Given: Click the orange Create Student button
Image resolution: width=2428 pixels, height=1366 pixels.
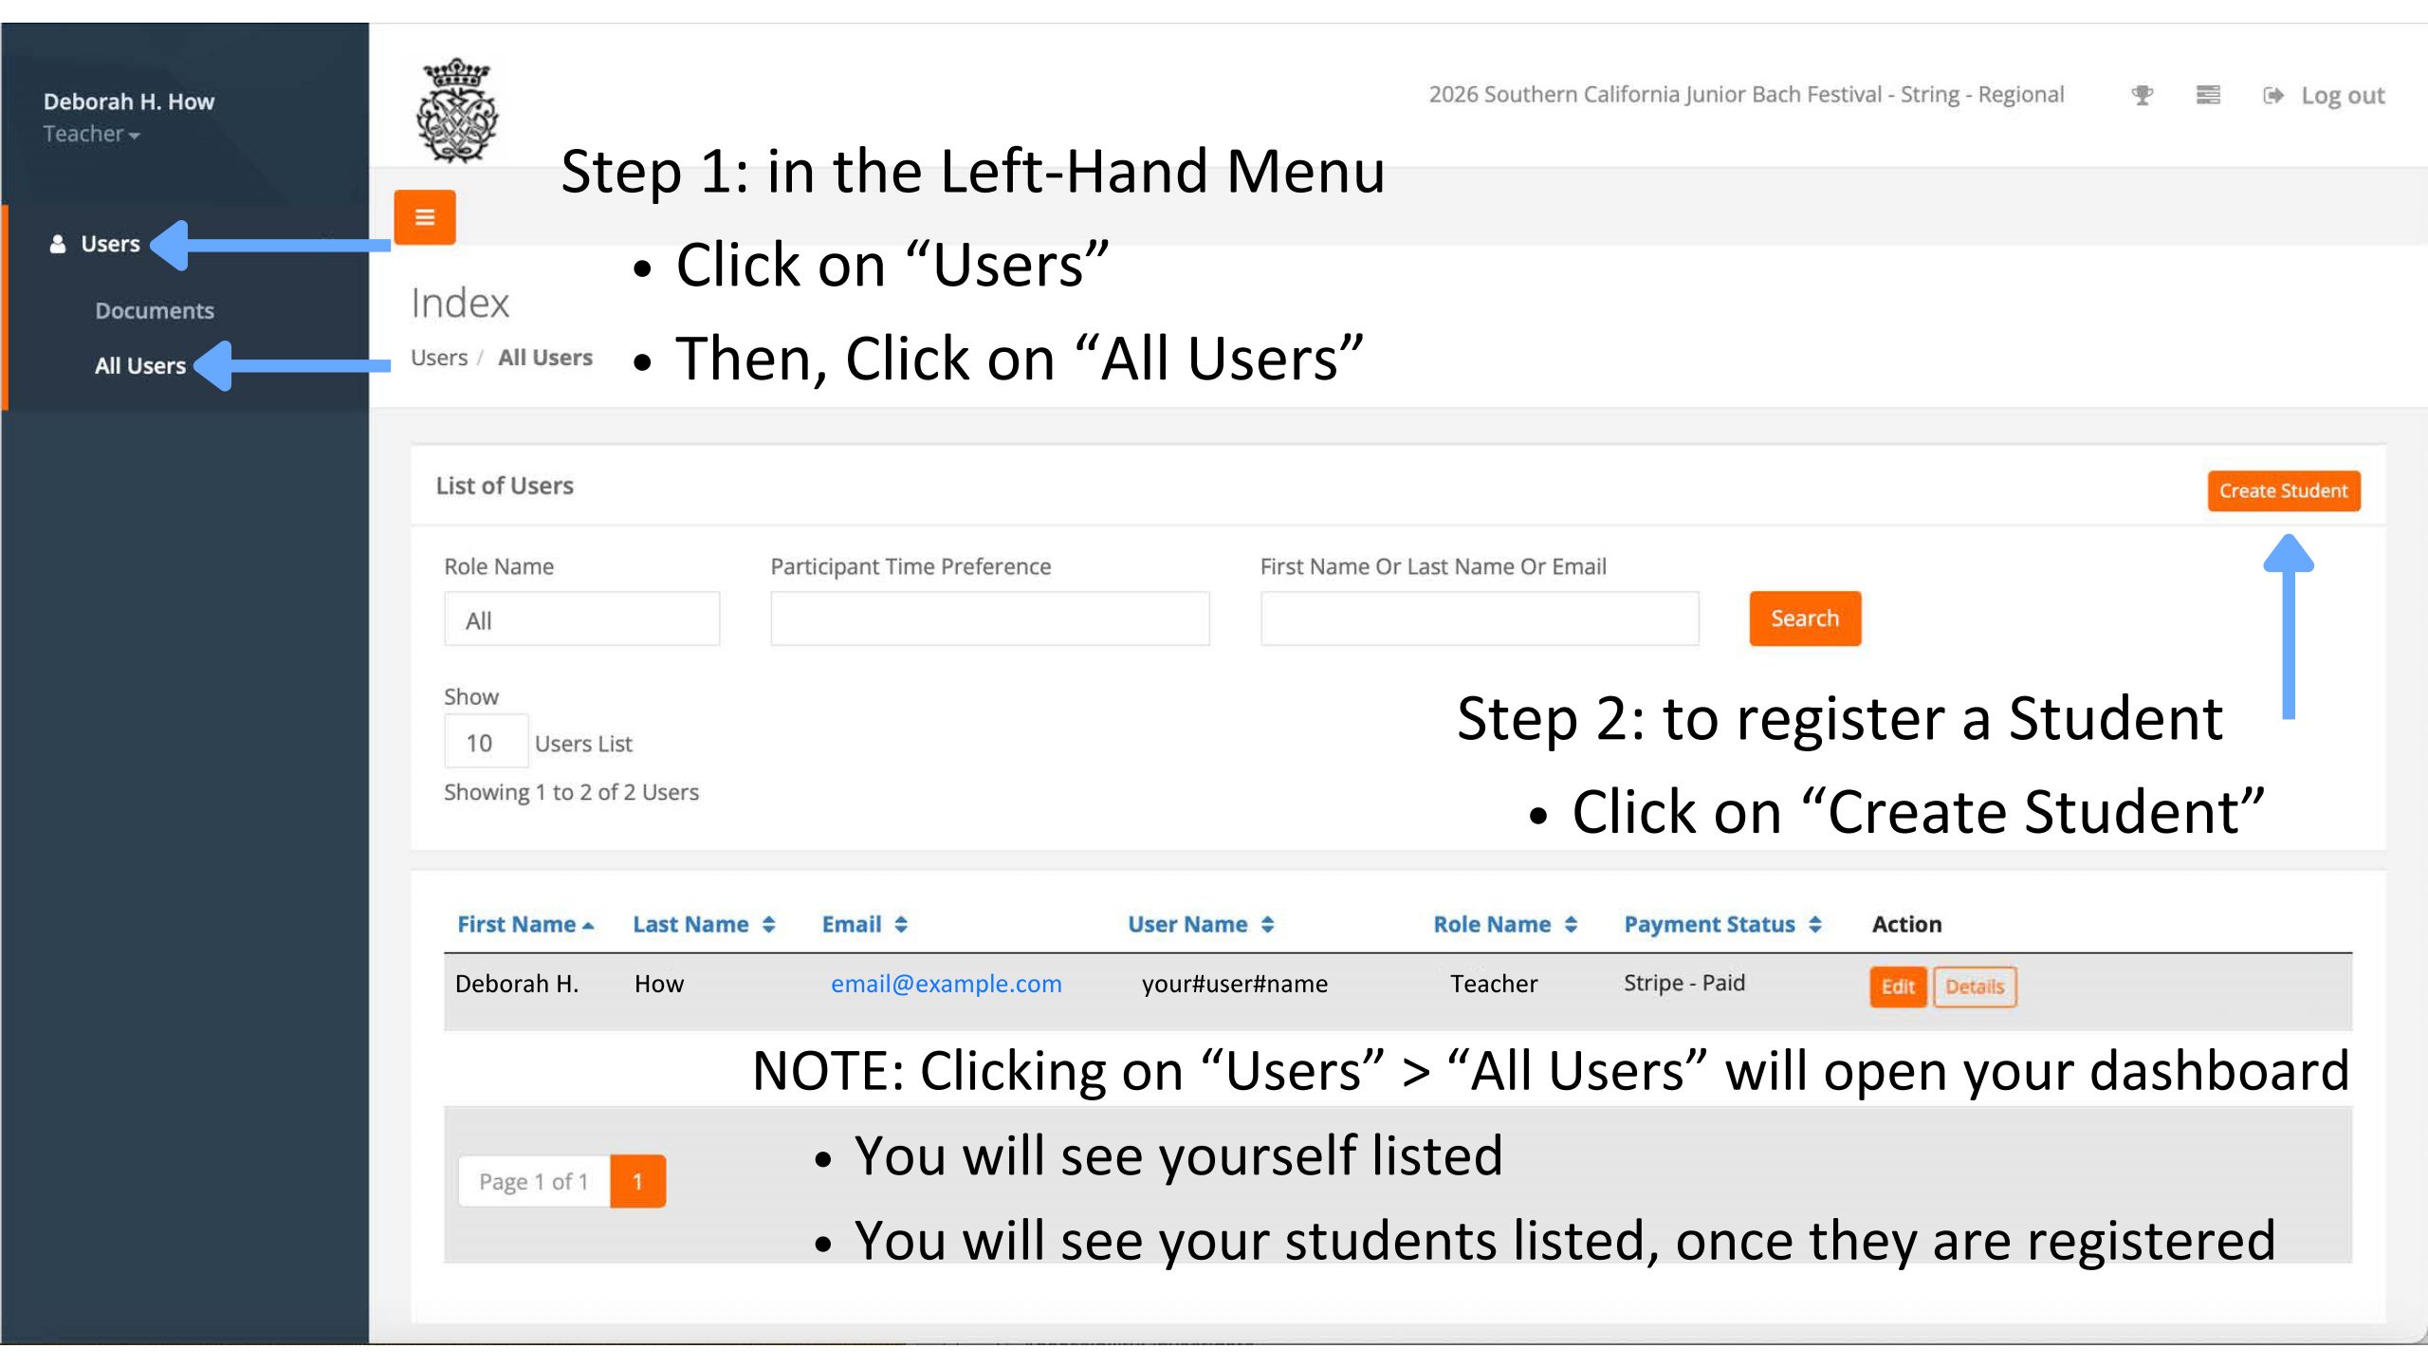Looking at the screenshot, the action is pyautogui.click(x=2283, y=490).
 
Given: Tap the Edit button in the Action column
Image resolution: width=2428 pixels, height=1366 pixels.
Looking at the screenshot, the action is pyautogui.click(x=1898, y=987).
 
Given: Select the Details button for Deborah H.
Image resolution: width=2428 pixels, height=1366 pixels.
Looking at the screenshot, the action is pyautogui.click(x=1975, y=987).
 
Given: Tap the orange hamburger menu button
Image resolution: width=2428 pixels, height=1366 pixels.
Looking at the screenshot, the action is pyautogui.click(x=425, y=217).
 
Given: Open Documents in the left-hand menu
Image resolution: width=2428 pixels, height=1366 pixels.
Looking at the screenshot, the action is pyautogui.click(x=155, y=310).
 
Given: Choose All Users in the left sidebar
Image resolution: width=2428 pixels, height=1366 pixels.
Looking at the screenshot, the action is pyautogui.click(x=140, y=365).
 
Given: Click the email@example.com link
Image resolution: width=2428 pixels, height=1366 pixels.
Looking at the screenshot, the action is pyautogui.click(x=947, y=984).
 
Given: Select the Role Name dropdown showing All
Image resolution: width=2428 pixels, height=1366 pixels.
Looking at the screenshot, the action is pyautogui.click(x=582, y=619).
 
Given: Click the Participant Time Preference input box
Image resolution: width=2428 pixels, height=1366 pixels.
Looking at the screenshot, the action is pyautogui.click(x=990, y=618).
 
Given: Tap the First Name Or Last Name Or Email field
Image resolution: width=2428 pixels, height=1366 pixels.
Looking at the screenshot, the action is pyautogui.click(x=1480, y=618).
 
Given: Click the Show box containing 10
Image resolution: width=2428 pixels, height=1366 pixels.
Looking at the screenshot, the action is pyautogui.click(x=487, y=742).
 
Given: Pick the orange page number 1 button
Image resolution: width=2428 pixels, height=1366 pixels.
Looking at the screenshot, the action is pyautogui.click(x=637, y=1181).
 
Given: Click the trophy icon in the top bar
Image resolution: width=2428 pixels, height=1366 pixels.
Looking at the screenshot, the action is pyautogui.click(x=2142, y=95).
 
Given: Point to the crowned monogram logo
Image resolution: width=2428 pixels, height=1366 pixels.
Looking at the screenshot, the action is pyautogui.click(x=457, y=110).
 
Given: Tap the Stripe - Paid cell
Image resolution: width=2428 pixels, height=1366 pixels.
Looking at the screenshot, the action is pyautogui.click(x=1684, y=983).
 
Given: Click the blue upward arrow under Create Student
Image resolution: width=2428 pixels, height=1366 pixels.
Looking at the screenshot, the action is pyautogui.click(x=2289, y=626).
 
